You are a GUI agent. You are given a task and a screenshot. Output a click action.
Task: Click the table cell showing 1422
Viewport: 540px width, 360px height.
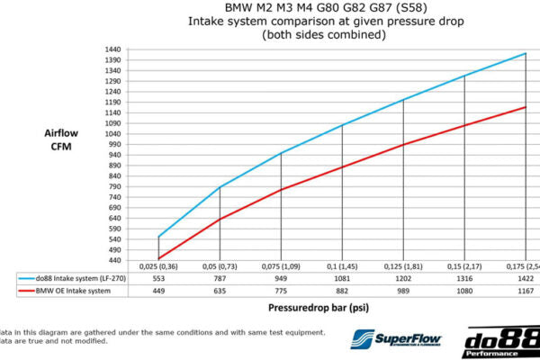click(526, 279)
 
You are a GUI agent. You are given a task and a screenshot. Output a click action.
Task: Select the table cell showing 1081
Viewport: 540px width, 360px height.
click(342, 279)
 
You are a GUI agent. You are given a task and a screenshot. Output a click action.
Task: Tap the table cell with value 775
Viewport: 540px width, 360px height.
click(281, 291)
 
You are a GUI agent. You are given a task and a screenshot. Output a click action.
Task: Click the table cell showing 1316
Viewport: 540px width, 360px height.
click(464, 279)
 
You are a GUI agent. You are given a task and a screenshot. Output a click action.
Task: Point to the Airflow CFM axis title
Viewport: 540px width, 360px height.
click(60, 139)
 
